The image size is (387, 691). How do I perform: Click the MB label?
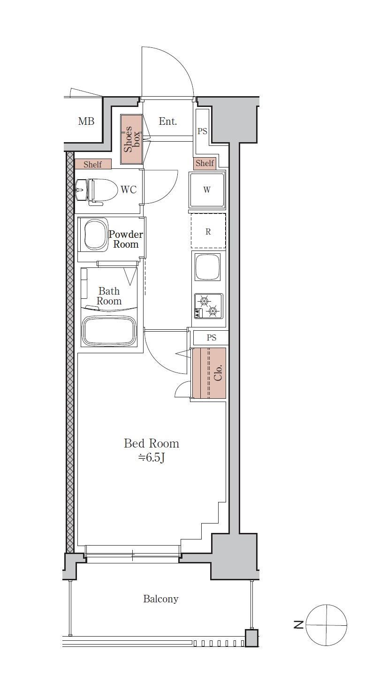(x=86, y=121)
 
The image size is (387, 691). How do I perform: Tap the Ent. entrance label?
(x=168, y=121)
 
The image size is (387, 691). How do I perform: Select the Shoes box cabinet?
(x=131, y=139)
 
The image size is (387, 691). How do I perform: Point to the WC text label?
(x=129, y=190)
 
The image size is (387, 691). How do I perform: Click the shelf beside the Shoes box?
(x=93, y=164)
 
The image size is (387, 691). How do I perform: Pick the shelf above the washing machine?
(x=205, y=163)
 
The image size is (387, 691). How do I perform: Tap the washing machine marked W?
(x=207, y=190)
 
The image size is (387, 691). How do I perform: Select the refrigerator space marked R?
(x=208, y=231)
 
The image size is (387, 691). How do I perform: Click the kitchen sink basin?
(x=207, y=267)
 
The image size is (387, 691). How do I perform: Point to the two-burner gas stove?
(x=208, y=306)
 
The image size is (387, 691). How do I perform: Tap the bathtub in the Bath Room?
(x=109, y=331)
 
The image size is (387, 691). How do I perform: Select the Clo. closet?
(x=209, y=373)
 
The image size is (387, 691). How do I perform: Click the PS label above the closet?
(x=212, y=337)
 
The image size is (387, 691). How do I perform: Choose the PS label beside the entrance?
(x=202, y=131)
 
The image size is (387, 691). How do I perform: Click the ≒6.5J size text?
(x=152, y=457)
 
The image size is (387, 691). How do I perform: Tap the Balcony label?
(x=161, y=599)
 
